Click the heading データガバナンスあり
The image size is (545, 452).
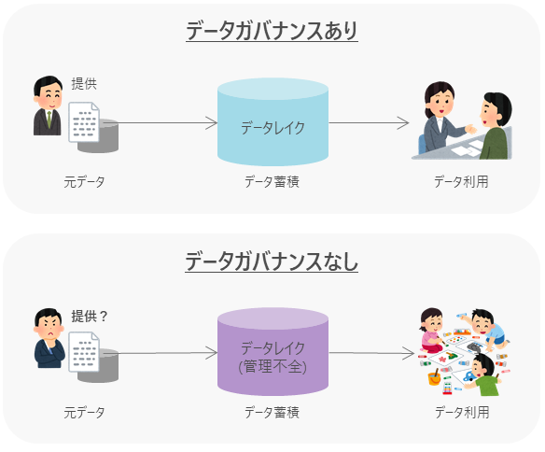[x=272, y=31]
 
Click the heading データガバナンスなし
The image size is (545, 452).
[x=272, y=261]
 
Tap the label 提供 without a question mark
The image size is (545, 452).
[x=84, y=84]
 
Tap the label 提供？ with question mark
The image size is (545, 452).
[x=90, y=316]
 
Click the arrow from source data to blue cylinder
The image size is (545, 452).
[x=168, y=122]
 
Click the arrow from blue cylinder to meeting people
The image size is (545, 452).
[x=369, y=122]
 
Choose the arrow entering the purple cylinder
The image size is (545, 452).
[x=168, y=354]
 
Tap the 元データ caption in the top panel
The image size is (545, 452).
[x=84, y=181]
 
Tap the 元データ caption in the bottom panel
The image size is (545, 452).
[x=84, y=412]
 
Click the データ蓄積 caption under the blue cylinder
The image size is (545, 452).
[x=272, y=181]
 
